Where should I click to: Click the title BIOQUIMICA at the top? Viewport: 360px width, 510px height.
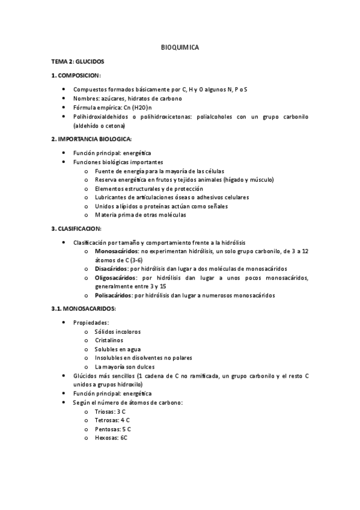coord(180,46)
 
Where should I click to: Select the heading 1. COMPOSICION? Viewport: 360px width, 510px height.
coord(76,75)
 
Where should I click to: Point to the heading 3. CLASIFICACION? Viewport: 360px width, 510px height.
coord(76,229)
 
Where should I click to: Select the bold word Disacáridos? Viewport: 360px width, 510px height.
coord(111,269)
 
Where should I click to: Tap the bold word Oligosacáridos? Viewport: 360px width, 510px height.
coord(115,278)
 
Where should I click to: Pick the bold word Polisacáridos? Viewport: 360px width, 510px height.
coord(113,295)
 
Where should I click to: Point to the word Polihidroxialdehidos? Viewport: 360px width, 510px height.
coord(102,117)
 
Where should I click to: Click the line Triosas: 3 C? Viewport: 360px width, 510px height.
coord(109,411)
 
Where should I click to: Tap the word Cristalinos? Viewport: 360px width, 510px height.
coord(109,340)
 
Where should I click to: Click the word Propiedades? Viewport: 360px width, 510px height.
coord(91,322)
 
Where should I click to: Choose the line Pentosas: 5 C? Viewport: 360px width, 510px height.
coord(112,429)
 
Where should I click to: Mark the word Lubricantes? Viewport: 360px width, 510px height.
coord(111,197)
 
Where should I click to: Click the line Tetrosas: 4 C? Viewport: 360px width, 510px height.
coord(112,420)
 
